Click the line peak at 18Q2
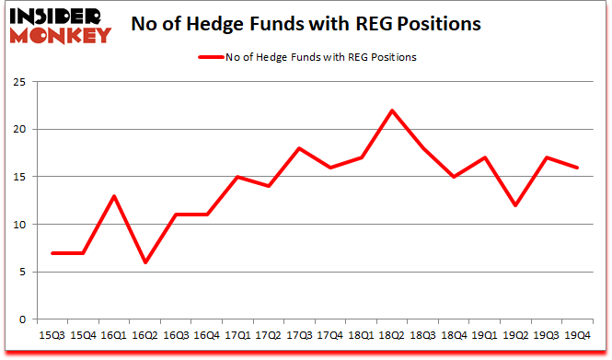(393, 110)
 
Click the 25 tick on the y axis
(20, 82)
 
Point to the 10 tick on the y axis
(20, 225)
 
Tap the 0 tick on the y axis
(23, 319)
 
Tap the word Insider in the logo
(58, 17)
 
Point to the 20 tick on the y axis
(20, 130)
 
